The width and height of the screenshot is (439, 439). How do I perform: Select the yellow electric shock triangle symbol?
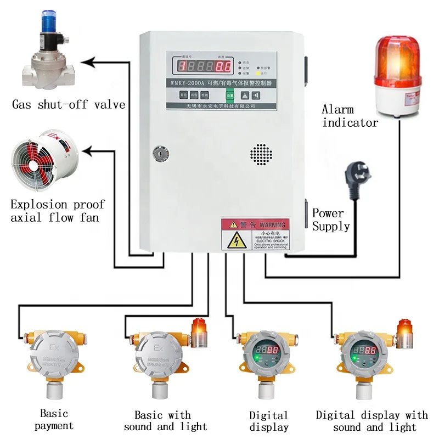coord(237,240)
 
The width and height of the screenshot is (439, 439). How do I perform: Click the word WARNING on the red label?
coord(272,224)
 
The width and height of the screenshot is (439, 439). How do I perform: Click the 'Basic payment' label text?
coord(54,419)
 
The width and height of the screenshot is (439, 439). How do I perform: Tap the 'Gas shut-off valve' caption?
coord(69,104)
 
